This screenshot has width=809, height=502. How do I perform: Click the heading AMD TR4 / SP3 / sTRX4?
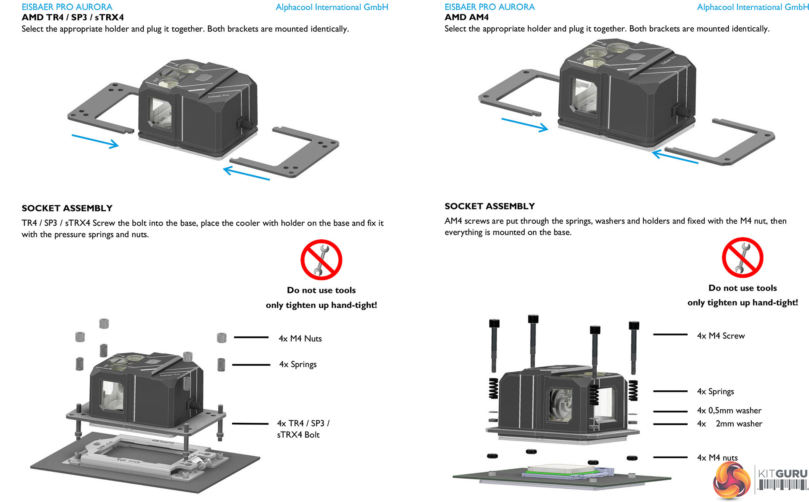point(72,18)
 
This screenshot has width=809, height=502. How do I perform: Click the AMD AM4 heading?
point(466,18)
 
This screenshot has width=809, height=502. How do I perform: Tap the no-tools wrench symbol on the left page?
point(321,260)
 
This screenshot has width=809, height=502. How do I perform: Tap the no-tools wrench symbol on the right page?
point(742,258)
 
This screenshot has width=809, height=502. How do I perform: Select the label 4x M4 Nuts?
point(300,338)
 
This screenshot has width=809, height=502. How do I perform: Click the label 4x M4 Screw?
point(721,336)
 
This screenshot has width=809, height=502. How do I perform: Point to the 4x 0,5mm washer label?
point(729,411)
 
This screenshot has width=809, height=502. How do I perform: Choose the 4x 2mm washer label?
point(729,424)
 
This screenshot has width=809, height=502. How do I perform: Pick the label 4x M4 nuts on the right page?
point(717,458)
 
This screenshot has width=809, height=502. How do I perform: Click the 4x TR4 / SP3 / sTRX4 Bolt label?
point(303,429)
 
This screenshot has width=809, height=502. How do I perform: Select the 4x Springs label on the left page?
point(297,365)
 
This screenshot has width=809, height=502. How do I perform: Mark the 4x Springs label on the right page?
point(715,392)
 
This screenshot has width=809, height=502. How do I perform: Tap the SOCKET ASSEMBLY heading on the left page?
point(67,208)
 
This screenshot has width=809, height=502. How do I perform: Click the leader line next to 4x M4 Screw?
point(670,335)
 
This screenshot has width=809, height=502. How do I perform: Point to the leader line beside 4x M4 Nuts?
point(251,337)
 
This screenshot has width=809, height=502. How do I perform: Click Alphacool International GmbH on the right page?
point(753,7)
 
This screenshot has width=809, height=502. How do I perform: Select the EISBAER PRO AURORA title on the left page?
point(67,7)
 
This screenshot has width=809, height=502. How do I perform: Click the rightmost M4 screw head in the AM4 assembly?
point(634,325)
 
